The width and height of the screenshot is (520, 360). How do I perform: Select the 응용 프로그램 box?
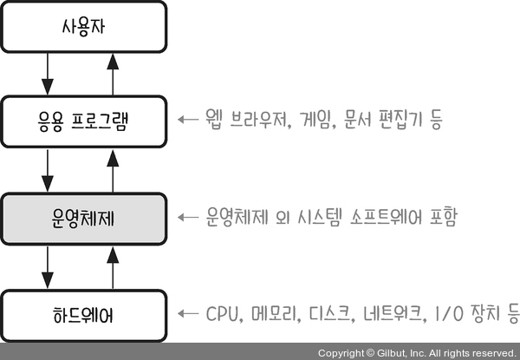point(84,120)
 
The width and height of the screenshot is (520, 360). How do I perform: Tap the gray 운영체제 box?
point(84,216)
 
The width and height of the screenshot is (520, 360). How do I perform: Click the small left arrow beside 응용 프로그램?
point(186,120)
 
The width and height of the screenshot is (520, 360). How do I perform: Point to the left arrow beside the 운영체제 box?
point(186,216)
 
